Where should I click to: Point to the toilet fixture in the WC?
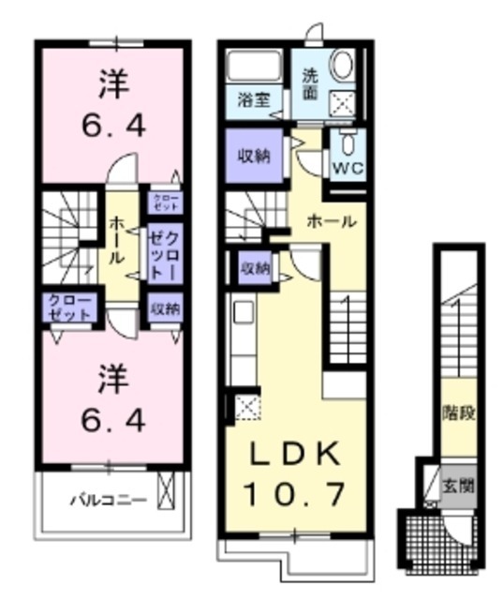[x=348, y=145]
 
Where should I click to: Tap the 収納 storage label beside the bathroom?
[x=255, y=156]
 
